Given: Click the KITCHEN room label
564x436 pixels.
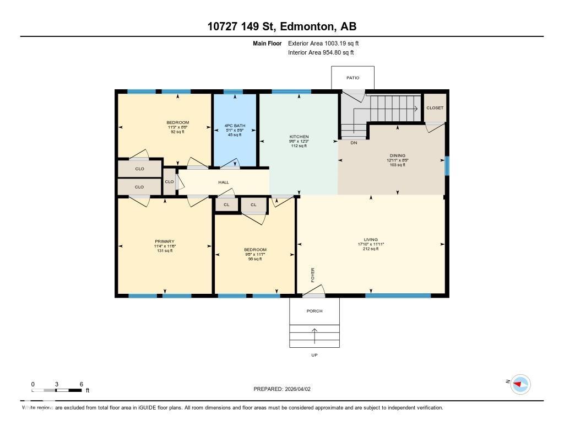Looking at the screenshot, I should point(299,137).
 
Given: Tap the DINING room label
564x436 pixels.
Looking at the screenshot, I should point(397,155).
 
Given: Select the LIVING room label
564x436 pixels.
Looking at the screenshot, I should point(371,240).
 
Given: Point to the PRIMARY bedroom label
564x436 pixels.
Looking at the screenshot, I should point(164,241).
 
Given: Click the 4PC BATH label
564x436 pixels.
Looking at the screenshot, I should point(235,126).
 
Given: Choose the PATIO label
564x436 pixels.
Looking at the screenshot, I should point(352,78).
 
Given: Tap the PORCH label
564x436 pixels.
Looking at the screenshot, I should point(314,311).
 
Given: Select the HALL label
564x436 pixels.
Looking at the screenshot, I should point(223,182).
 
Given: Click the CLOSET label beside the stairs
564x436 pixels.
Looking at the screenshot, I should point(435,108).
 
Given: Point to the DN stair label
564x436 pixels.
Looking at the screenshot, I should point(354,142).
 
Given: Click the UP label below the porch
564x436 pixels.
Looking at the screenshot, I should point(314,355).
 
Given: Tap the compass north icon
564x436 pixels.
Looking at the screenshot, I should point(520,384).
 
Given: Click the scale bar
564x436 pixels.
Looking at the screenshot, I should point(57,390).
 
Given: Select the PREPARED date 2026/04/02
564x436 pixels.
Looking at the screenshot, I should point(285,389).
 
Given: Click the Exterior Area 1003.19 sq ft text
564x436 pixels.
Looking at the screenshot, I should point(323,43).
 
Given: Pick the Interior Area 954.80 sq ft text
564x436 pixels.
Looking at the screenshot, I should point(321,53).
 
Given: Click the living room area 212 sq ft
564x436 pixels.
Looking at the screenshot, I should point(371,249).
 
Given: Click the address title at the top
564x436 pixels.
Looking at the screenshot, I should point(282,26).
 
